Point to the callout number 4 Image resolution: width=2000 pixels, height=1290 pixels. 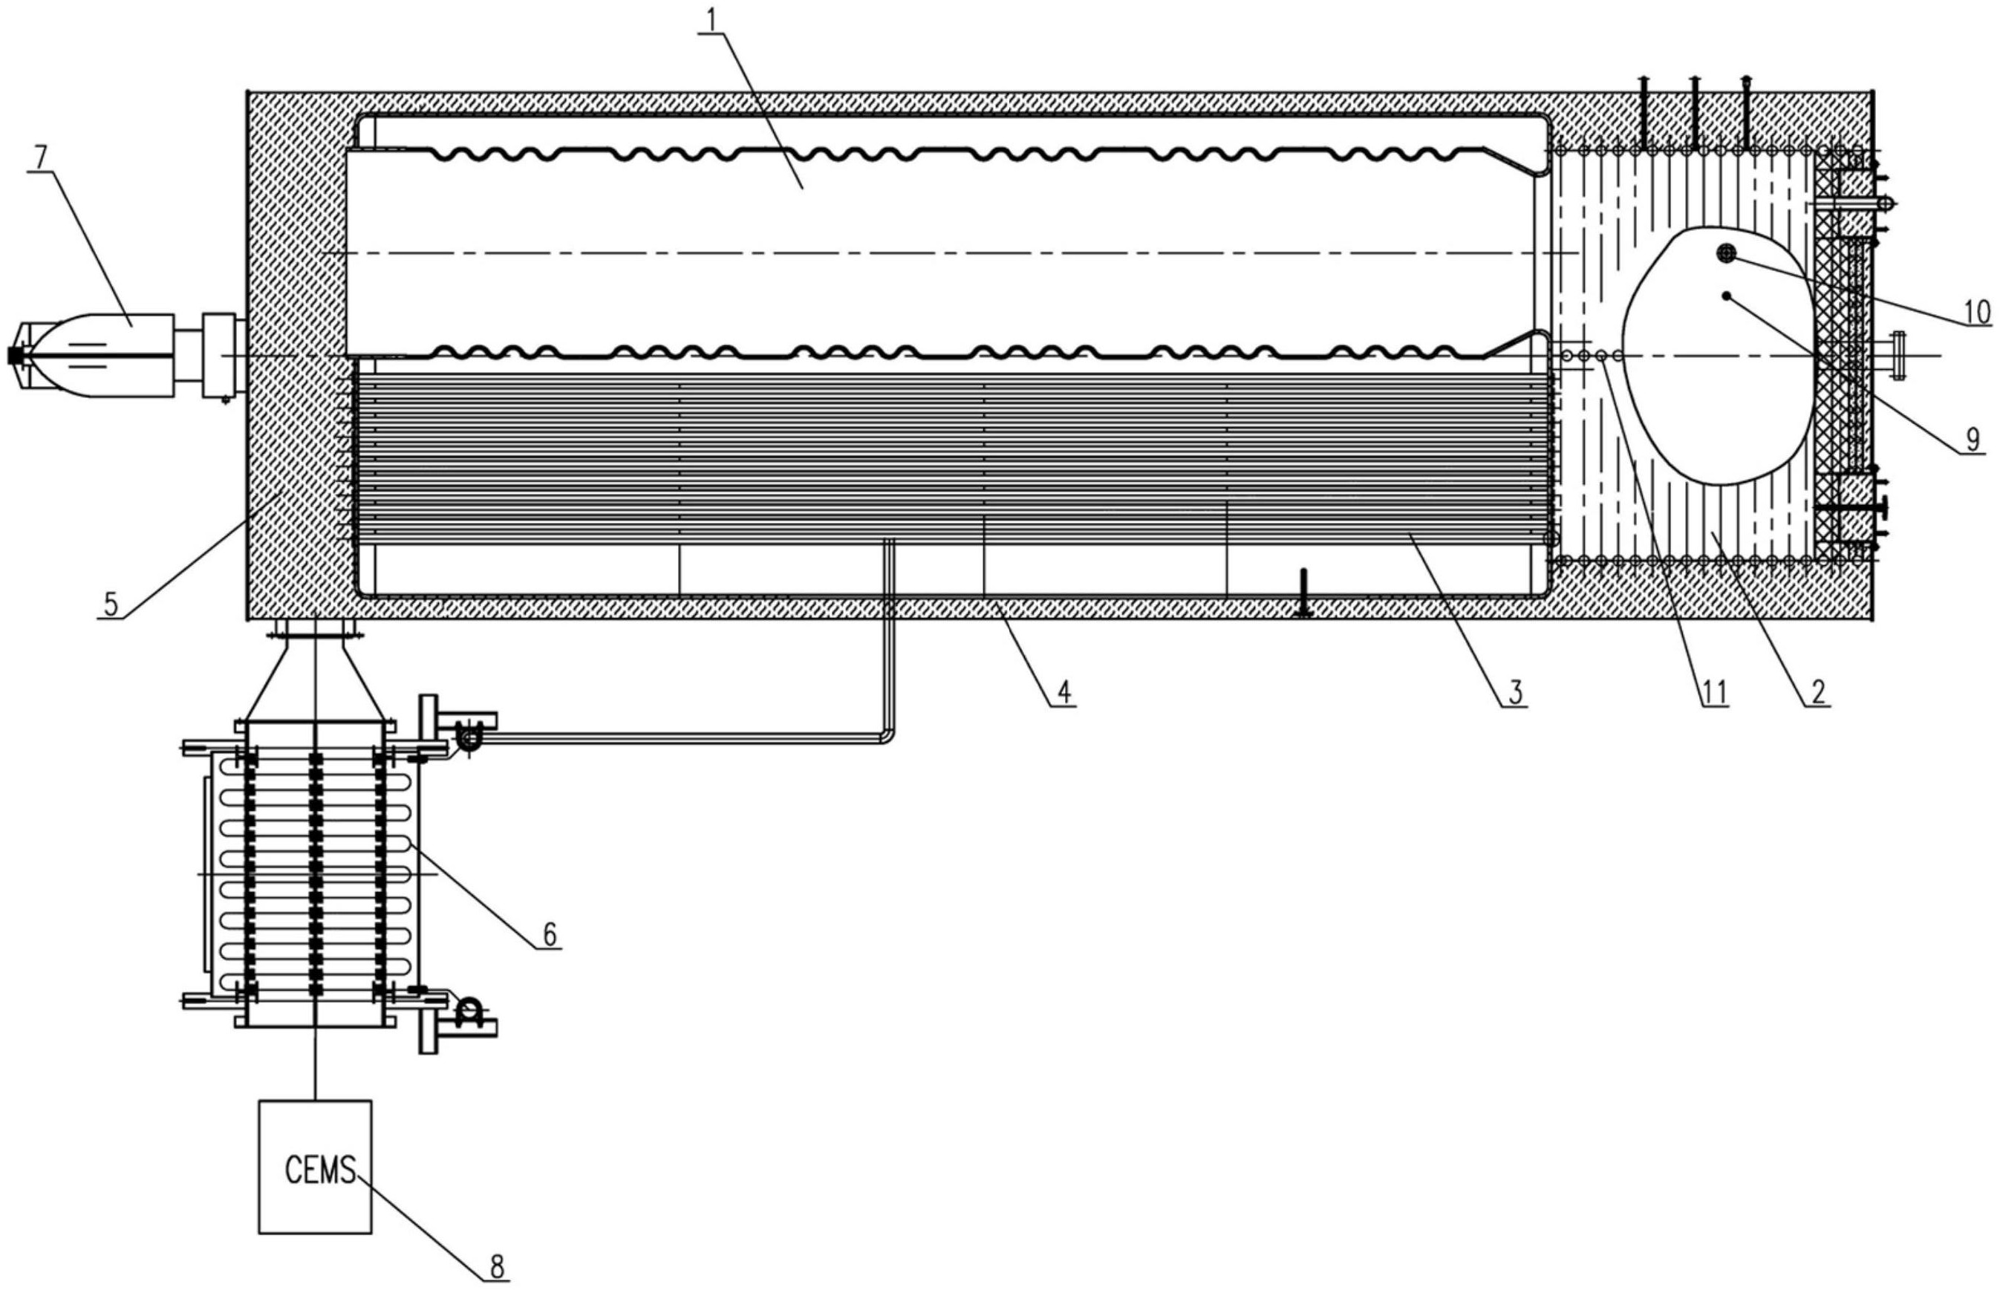point(1063,693)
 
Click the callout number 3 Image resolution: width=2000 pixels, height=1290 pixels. point(1515,693)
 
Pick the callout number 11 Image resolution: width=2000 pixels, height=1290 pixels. point(1712,693)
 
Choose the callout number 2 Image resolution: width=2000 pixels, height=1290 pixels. point(1818,693)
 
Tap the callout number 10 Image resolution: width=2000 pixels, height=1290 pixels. point(1976,312)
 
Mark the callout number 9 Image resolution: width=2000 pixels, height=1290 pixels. point(1973,438)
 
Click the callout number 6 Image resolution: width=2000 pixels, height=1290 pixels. point(550,934)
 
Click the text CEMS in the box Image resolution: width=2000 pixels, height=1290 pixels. point(320,1170)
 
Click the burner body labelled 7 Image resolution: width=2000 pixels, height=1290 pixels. point(92,356)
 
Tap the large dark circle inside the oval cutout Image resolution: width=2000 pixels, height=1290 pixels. point(1726,253)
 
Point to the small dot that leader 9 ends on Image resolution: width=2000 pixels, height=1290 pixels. point(1726,296)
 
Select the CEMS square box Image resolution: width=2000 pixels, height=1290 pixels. point(315,1166)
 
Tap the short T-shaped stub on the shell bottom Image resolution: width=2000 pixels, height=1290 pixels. point(1303,593)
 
